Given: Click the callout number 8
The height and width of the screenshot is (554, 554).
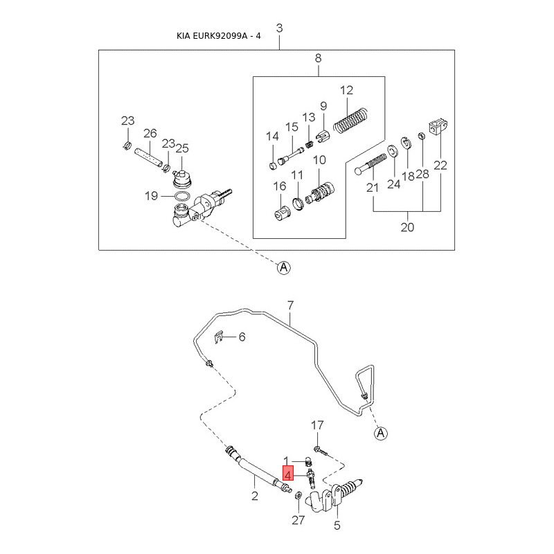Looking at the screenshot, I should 319,58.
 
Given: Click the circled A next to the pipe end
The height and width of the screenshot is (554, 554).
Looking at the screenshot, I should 380,434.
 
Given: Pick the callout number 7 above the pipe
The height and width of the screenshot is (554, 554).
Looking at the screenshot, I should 291,305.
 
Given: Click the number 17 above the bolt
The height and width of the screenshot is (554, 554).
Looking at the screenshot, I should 317,425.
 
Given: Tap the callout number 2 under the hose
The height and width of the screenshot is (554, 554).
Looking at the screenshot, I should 254,496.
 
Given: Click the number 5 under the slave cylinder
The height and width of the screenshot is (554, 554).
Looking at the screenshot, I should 337,525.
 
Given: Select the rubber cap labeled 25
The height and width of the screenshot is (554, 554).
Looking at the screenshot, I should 182,178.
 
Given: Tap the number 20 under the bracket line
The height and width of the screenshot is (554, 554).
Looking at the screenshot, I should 407,226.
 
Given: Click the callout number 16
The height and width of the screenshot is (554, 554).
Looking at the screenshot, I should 280,186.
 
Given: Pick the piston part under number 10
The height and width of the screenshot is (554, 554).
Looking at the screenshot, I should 321,190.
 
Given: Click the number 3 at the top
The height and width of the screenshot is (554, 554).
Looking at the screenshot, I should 280,28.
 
